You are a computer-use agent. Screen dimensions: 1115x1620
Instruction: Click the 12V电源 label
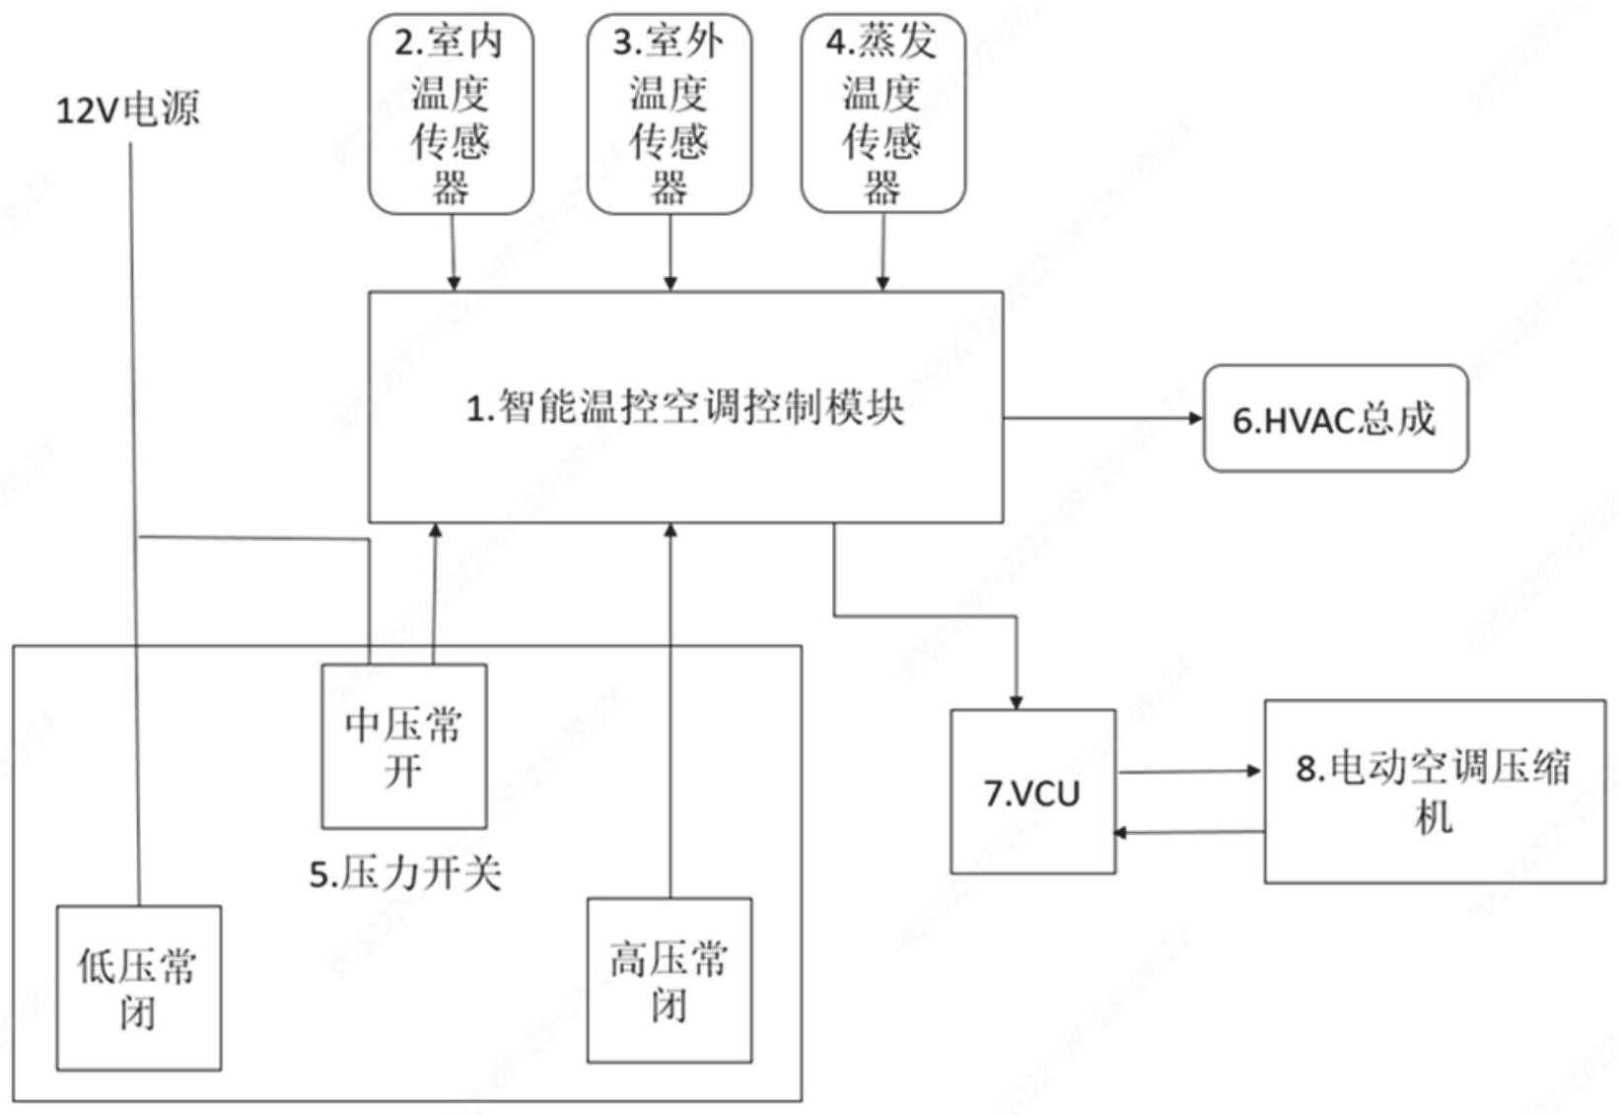127,108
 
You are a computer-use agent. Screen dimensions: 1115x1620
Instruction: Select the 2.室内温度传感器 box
451,114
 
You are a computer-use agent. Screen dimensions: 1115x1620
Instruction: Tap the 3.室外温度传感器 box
669,114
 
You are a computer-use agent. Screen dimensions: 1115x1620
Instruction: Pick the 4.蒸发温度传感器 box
882,114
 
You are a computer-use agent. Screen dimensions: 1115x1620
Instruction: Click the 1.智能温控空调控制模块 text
685,407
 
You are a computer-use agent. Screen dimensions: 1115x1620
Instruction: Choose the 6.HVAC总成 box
1335,419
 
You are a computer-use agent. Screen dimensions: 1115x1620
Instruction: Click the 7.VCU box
1032,792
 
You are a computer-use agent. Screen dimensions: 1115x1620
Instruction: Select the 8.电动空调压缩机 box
1434,792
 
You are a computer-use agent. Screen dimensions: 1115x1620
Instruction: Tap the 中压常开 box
403,746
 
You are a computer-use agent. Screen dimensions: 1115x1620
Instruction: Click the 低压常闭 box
138,988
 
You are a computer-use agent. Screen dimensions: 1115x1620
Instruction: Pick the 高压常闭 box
669,980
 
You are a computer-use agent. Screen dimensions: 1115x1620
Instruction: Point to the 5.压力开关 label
405,873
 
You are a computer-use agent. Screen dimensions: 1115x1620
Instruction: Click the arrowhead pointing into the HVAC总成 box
1196,418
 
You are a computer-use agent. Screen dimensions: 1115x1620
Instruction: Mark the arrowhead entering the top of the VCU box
1016,702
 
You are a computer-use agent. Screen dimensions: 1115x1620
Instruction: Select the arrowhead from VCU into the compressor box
1255,771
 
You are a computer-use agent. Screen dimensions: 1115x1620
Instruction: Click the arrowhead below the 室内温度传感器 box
454,284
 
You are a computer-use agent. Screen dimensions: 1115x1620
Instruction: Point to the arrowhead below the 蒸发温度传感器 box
882,284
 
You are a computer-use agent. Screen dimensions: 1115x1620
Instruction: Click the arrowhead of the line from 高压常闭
670,530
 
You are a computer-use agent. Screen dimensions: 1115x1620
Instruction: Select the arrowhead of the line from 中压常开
435,530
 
